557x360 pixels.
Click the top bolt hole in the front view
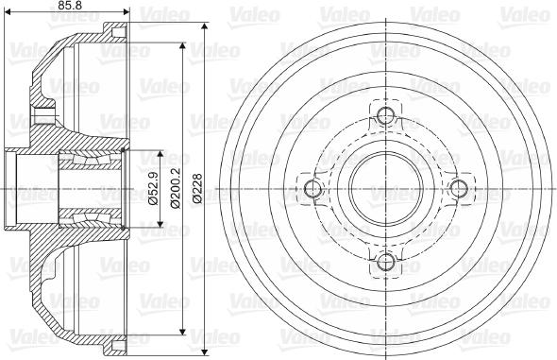click(384, 118)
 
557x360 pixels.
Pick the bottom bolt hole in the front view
click(384, 261)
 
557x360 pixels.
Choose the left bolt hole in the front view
click(312, 189)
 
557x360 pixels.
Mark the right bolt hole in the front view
click(456, 189)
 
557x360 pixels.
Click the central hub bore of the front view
click(384, 189)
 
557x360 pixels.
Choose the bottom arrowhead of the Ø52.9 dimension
click(162, 226)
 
